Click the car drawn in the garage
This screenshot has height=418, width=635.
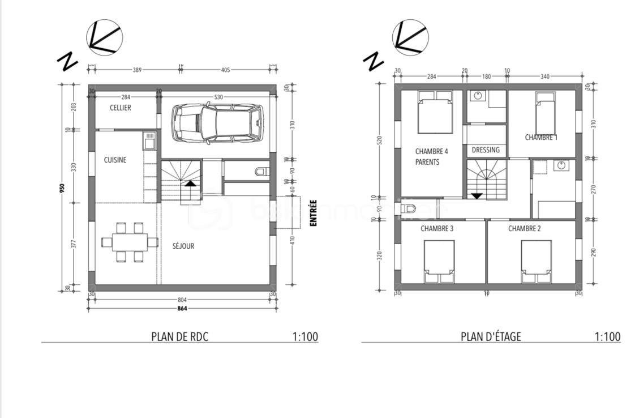[x=218, y=123]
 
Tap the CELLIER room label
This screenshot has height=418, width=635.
[x=120, y=108]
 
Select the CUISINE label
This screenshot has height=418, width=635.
[x=115, y=160]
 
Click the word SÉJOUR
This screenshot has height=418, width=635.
[x=183, y=246]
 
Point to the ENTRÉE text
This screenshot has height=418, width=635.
[x=313, y=214]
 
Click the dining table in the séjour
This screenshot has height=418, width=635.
[x=130, y=242]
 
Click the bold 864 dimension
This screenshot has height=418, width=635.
[x=182, y=309]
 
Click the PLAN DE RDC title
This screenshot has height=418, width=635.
[x=180, y=336]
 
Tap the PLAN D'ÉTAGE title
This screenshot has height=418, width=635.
[x=491, y=336]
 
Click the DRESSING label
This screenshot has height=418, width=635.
[x=486, y=150]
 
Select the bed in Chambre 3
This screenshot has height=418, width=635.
[x=439, y=261]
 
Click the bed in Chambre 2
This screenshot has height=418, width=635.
[x=536, y=261]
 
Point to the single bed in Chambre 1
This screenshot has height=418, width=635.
[x=545, y=113]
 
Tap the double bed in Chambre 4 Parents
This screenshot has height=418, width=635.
[x=435, y=112]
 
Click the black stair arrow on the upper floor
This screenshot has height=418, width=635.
[x=477, y=196]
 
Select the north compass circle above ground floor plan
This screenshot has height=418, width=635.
[x=105, y=38]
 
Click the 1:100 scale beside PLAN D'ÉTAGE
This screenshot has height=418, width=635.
[x=607, y=336]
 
